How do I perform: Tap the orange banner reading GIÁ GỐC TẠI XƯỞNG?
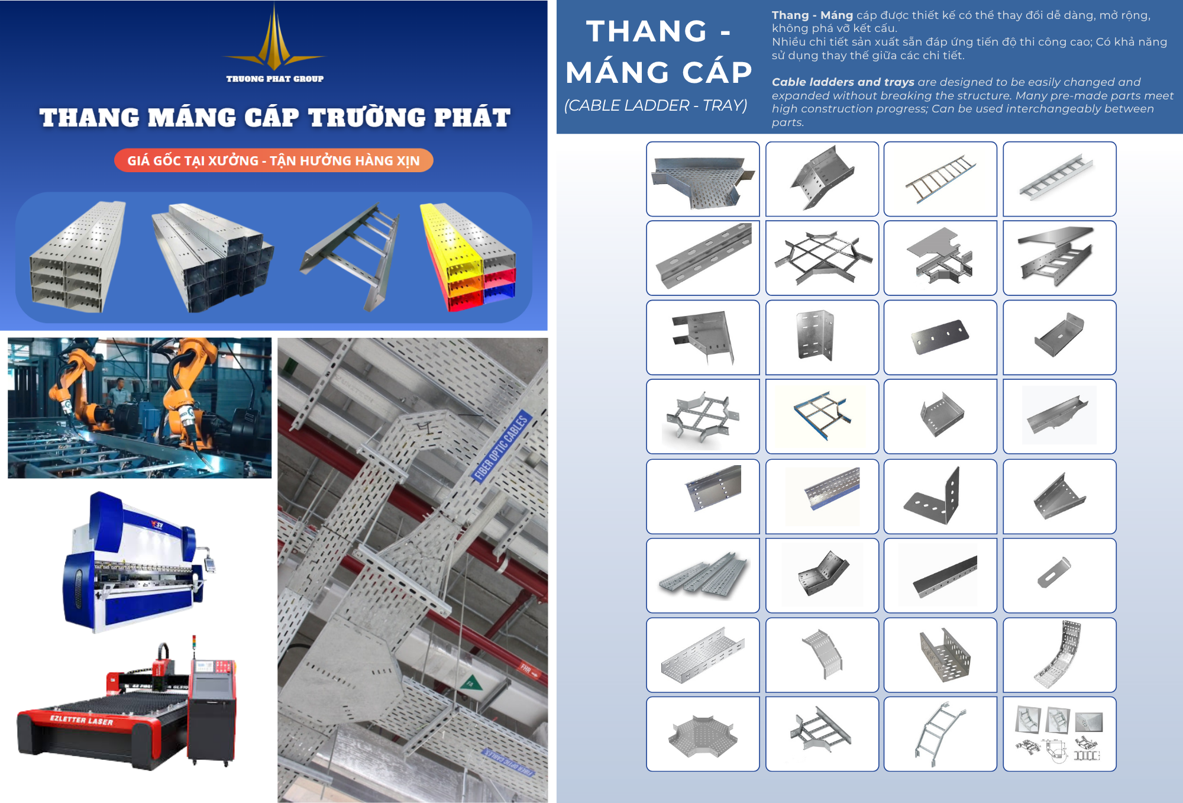(273, 160)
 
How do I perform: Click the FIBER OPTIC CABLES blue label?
(502, 445)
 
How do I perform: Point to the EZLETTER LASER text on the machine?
(81, 720)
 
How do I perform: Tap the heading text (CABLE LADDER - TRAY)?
(655, 105)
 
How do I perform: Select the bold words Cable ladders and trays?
(843, 82)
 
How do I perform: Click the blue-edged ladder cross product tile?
(822, 417)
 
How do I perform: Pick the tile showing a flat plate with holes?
(940, 337)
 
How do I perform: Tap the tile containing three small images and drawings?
(1059, 734)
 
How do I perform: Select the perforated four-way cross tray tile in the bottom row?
(703, 734)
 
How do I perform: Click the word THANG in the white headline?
(647, 31)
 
